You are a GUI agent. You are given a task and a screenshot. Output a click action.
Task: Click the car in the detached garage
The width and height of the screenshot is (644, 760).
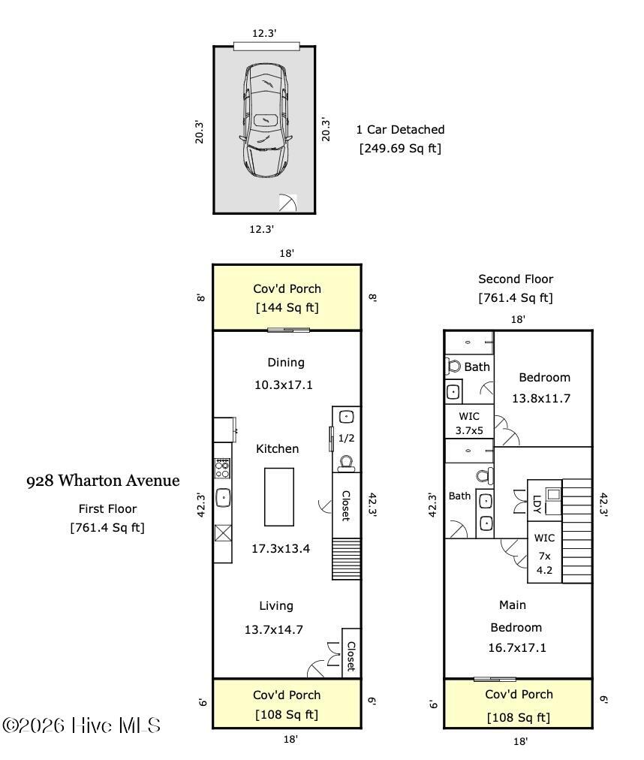[x=264, y=120]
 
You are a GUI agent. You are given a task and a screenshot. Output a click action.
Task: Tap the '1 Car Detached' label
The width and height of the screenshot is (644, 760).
[x=400, y=130]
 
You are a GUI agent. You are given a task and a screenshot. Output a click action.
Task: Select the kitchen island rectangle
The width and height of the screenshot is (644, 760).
[x=278, y=496]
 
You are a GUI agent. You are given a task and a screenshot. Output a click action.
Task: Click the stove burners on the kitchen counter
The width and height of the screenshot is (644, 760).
[x=222, y=469]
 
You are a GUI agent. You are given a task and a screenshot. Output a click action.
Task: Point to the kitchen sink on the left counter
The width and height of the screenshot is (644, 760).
[x=223, y=497]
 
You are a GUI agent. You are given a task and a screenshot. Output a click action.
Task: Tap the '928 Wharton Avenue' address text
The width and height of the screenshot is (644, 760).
[x=103, y=481]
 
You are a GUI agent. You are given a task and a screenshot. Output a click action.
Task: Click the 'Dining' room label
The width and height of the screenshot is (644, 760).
[x=286, y=363]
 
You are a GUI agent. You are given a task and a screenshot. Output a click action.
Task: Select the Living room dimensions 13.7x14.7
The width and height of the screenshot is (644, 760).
[x=274, y=629]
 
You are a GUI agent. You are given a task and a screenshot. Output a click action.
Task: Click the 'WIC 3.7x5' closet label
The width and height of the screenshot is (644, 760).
[x=470, y=424]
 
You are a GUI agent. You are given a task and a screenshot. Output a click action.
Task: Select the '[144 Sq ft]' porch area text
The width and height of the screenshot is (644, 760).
[x=287, y=307]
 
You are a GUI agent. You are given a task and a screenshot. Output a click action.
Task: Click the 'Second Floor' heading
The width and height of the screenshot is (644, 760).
[x=516, y=279]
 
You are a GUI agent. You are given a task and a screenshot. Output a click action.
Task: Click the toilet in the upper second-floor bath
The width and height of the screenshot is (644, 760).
[x=453, y=366]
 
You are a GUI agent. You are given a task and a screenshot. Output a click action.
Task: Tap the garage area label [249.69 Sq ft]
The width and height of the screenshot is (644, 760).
[x=400, y=148]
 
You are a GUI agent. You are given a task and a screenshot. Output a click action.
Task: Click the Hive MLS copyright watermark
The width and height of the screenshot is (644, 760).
[x=82, y=725]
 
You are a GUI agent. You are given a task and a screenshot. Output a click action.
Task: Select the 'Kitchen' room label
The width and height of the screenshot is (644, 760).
[x=278, y=449]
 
